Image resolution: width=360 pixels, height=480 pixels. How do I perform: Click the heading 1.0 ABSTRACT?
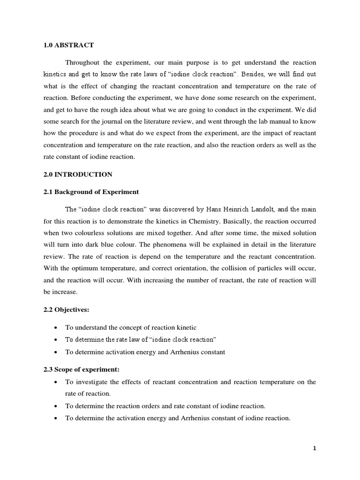(68, 45)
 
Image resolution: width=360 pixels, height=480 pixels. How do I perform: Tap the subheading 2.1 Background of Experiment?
(91, 192)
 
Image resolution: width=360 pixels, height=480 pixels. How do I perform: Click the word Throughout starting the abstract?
(82, 63)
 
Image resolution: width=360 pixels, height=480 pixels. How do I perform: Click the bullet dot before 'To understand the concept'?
(56, 328)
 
